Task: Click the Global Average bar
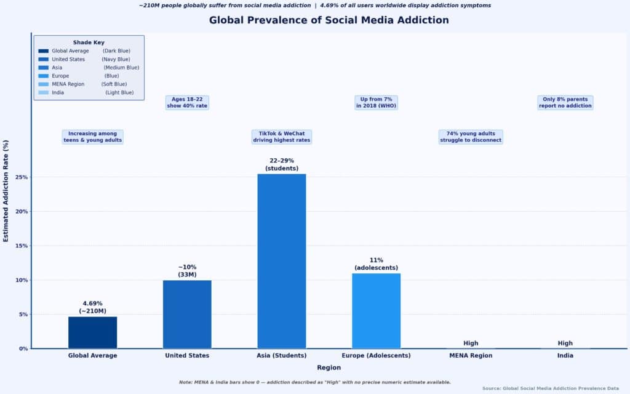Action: [x=92, y=332]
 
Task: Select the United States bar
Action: [x=187, y=314]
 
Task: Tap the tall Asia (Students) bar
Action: [x=281, y=261]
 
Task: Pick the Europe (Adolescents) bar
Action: [x=376, y=311]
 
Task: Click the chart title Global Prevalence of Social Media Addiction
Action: [x=329, y=20]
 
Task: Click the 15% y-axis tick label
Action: [x=21, y=246]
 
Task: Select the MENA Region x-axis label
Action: [x=471, y=356]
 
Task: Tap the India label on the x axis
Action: [x=565, y=356]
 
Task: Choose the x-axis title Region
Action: [x=329, y=368]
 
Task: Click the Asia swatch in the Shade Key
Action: [x=43, y=68]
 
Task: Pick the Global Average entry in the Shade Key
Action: [x=70, y=51]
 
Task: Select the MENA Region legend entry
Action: [x=68, y=84]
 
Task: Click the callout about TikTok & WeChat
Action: [x=282, y=137]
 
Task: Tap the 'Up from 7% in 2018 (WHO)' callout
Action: [x=377, y=103]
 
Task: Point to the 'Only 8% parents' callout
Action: [x=565, y=103]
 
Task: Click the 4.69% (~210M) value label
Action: [x=92, y=307]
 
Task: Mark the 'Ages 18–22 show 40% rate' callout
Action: [x=187, y=103]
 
